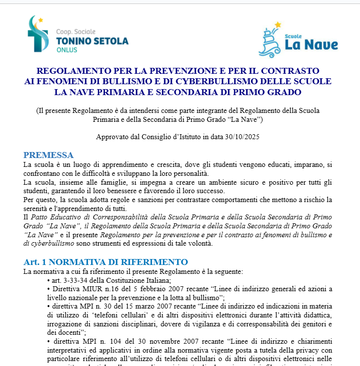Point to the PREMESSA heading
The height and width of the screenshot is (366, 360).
click(x=49, y=155)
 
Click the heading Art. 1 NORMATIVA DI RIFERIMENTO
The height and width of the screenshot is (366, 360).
click(x=105, y=262)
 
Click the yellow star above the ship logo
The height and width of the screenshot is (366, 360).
click(x=278, y=24)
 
